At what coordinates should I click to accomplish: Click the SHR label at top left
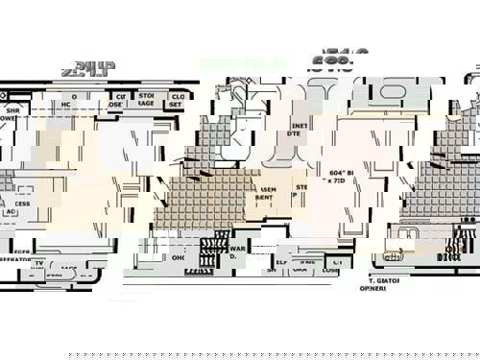[12, 111]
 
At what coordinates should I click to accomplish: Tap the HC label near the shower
[66, 104]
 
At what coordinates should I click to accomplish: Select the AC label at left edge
[13, 212]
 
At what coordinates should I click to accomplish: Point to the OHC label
[179, 257]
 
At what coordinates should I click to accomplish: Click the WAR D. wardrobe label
[237, 252]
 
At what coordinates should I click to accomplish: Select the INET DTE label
[297, 130]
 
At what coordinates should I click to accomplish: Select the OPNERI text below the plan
[373, 288]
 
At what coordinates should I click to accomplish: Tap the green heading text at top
[228, 63]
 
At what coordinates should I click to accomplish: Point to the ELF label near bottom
[281, 261]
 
